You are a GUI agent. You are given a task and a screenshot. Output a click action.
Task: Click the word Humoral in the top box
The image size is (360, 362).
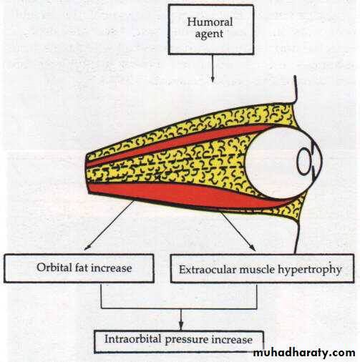[x=210, y=22]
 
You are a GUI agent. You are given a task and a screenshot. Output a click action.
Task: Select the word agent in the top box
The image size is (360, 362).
[x=209, y=34]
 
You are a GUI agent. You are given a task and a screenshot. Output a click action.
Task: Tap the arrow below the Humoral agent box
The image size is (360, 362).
[x=213, y=69]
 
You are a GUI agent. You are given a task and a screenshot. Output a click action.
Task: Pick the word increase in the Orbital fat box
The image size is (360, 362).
[x=112, y=268]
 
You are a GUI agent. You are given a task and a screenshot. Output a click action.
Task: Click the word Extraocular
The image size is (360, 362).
[x=208, y=270]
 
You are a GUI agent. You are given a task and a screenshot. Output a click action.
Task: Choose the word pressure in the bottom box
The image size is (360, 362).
[x=186, y=340]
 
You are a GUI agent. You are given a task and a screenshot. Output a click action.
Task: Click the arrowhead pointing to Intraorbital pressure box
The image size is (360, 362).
[x=181, y=326]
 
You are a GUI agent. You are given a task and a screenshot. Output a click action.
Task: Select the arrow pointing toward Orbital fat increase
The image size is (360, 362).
[x=109, y=225]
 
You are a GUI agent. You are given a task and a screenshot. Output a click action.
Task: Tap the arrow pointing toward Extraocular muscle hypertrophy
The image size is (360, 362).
[x=238, y=231]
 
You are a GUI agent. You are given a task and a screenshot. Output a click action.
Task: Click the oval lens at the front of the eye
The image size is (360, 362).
[x=304, y=161]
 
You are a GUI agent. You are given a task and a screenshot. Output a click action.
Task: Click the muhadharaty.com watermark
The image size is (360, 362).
[x=304, y=353]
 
